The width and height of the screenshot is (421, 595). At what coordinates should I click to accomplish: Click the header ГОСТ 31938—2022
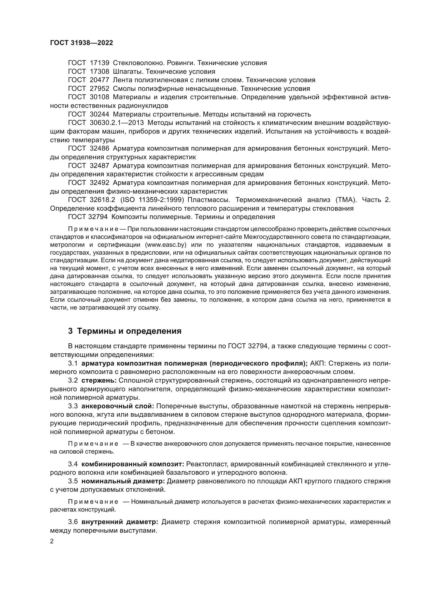[x=81, y=43]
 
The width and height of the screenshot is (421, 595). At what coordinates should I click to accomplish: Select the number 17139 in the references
[x=100, y=63]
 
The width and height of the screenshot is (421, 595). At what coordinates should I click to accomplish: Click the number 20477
[x=100, y=80]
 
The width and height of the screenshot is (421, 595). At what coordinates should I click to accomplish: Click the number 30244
[x=100, y=114]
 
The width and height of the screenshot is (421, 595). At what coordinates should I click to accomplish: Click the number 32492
[x=100, y=183]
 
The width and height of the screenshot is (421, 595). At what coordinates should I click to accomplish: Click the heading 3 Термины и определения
[x=124, y=331]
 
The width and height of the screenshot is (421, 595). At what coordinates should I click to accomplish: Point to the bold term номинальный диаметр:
[x=123, y=481]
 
